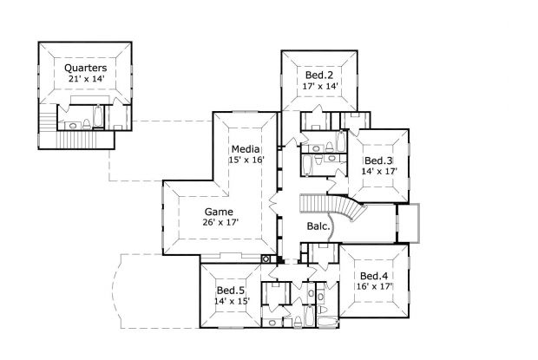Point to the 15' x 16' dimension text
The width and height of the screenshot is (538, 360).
(246, 160)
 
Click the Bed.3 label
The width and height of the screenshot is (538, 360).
(379, 160)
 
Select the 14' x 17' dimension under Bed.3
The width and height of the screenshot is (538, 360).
(379, 173)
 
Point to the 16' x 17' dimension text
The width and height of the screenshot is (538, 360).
(375, 288)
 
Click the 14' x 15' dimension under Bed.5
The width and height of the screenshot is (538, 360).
(232, 302)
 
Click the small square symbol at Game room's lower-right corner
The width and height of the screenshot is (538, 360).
(266, 259)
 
